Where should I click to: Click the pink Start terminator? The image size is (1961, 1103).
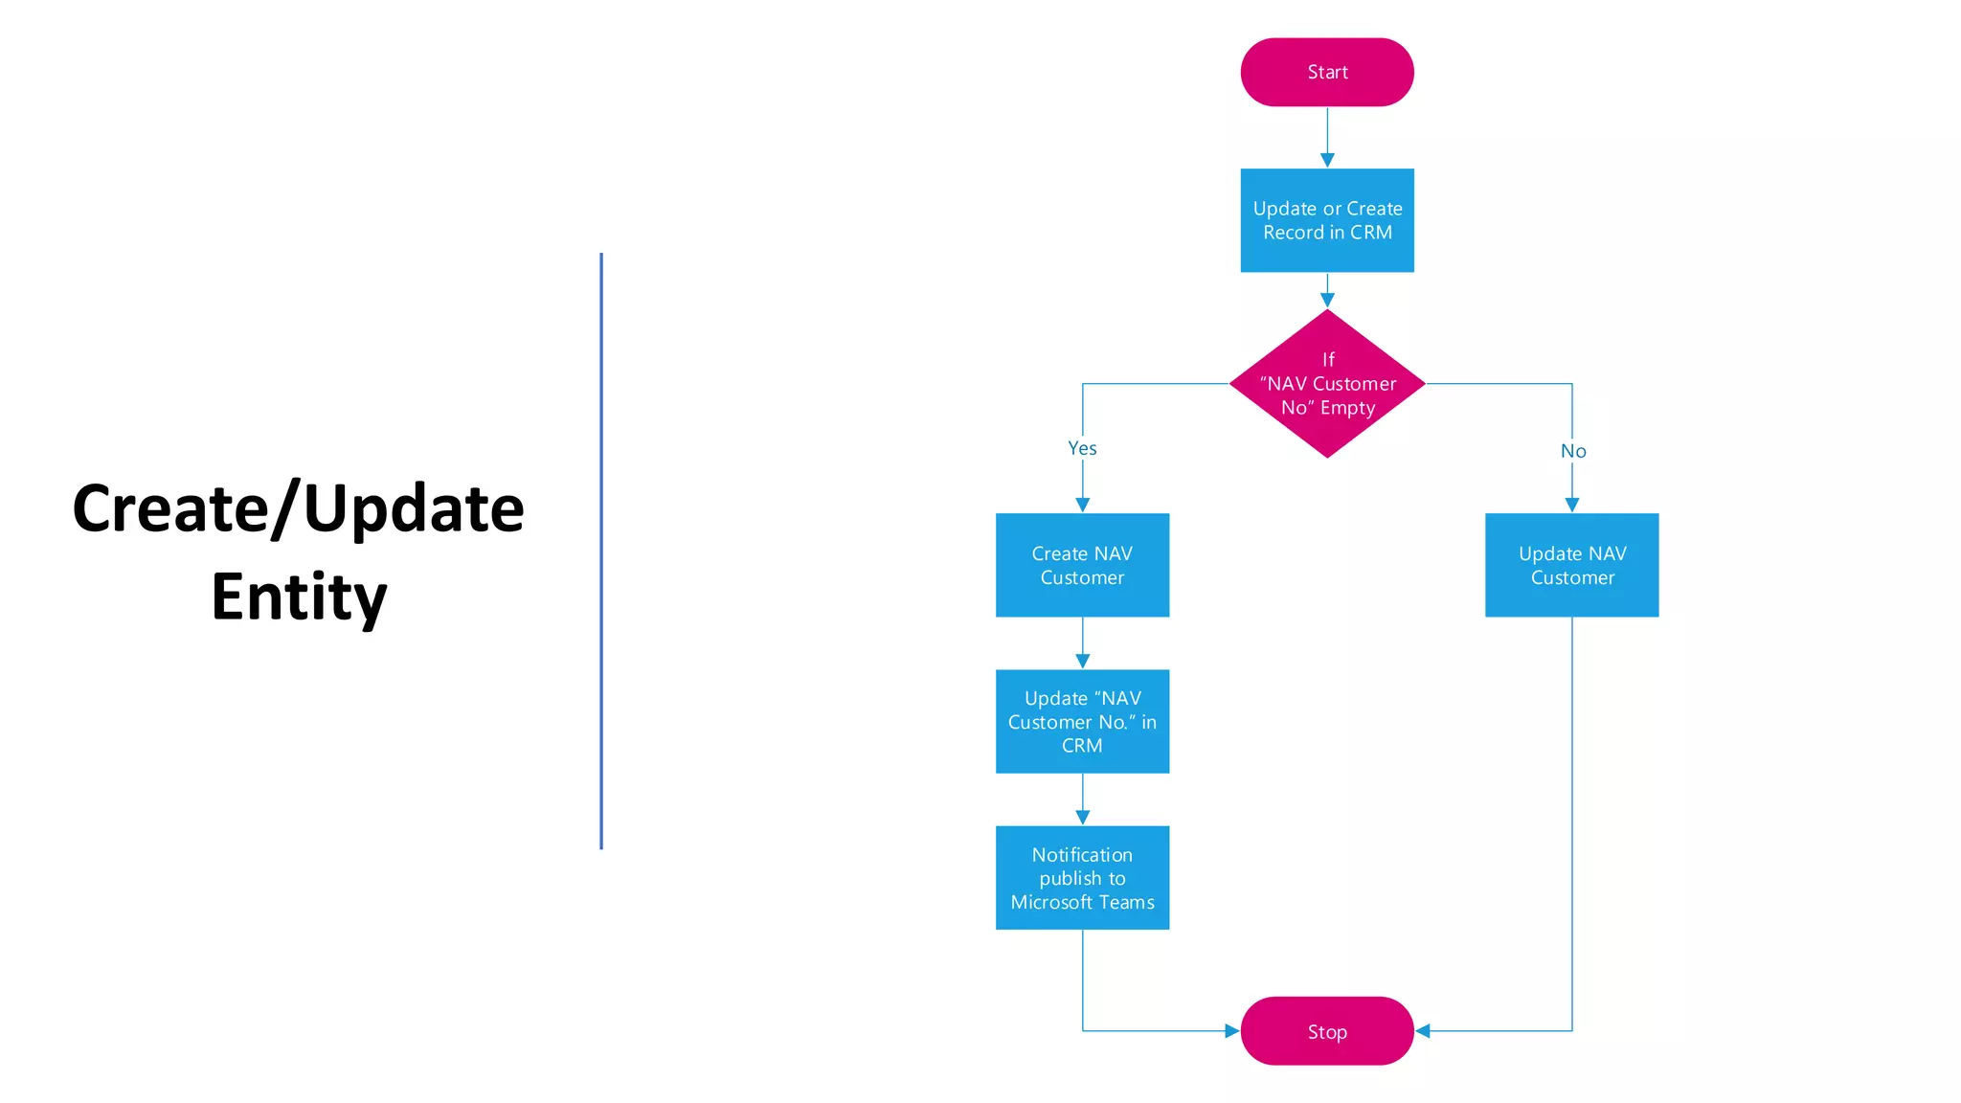pos(1326,72)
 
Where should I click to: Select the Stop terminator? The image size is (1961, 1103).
pos(1326,1031)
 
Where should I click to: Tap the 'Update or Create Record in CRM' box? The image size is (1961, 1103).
pos(1326,220)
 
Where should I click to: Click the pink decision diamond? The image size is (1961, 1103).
pos(1326,383)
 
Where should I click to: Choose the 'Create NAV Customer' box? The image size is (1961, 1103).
pos(1082,565)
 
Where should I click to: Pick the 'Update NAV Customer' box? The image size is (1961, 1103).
pos(1571,565)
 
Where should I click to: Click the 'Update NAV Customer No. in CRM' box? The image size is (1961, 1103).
pos(1082,721)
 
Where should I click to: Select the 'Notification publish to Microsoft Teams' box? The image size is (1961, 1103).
pos(1082,877)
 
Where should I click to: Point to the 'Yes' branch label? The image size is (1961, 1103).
pos(1082,448)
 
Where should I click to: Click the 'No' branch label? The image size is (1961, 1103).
pos(1572,451)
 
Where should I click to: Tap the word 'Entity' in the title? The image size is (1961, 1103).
pos(299,597)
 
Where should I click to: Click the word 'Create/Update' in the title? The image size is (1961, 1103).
pos(299,508)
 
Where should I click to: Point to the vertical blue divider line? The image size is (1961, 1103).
pos(601,551)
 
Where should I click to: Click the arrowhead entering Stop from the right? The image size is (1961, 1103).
pos(1423,1031)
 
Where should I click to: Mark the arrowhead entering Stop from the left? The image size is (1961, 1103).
pos(1231,1031)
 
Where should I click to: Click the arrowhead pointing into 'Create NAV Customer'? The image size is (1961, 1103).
pos(1083,505)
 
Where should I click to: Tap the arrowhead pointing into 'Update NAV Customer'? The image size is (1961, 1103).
pos(1572,505)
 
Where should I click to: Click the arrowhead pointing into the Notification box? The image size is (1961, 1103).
pos(1083,818)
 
